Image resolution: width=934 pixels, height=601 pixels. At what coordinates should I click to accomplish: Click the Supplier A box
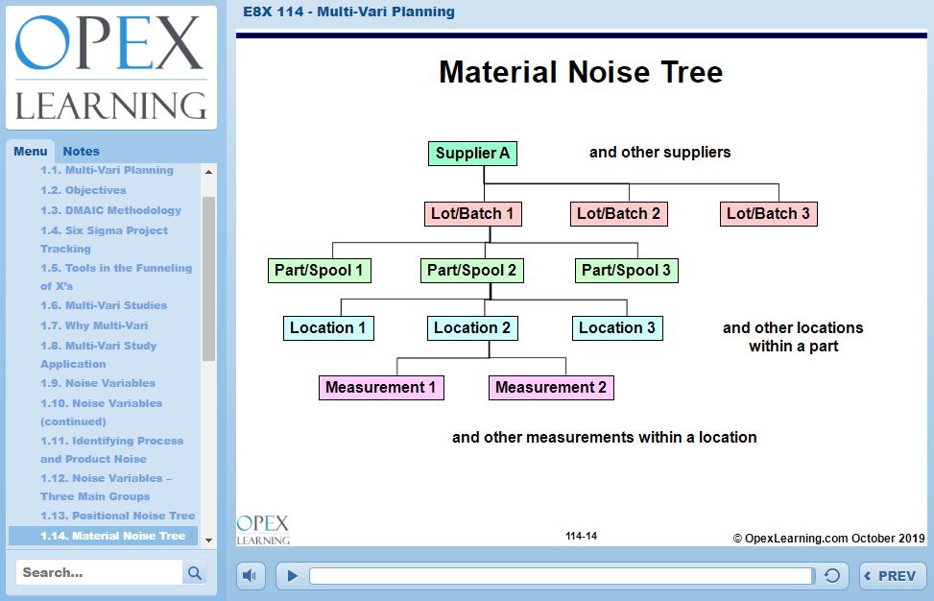[x=472, y=153]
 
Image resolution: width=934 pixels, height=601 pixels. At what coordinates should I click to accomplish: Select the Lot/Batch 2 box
[x=618, y=214]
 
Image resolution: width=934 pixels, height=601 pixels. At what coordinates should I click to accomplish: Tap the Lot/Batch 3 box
[x=768, y=214]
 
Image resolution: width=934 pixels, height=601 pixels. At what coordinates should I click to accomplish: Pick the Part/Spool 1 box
[x=320, y=271]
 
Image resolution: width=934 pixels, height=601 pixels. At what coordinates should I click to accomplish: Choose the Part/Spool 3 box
[x=626, y=271]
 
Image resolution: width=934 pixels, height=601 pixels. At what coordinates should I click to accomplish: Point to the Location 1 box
[x=328, y=328]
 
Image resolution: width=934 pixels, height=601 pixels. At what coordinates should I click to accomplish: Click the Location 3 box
[x=617, y=328]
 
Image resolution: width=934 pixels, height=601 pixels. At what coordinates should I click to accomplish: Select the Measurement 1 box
[x=381, y=388]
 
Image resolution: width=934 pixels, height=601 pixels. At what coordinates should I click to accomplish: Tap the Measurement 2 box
[x=551, y=388]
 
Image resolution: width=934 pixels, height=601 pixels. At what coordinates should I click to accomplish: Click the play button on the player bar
[x=292, y=576]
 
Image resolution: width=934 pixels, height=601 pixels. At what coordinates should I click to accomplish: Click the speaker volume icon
[x=250, y=576]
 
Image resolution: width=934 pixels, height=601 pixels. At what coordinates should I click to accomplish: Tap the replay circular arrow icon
[x=832, y=575]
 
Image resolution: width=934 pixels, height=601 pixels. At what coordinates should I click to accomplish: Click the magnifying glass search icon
[x=195, y=573]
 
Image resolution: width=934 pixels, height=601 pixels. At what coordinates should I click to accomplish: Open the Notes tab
[x=81, y=152]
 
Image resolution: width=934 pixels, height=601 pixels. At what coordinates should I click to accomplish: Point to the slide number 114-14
[x=582, y=536]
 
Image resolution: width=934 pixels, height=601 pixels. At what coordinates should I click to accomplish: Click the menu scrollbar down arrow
[x=208, y=541]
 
